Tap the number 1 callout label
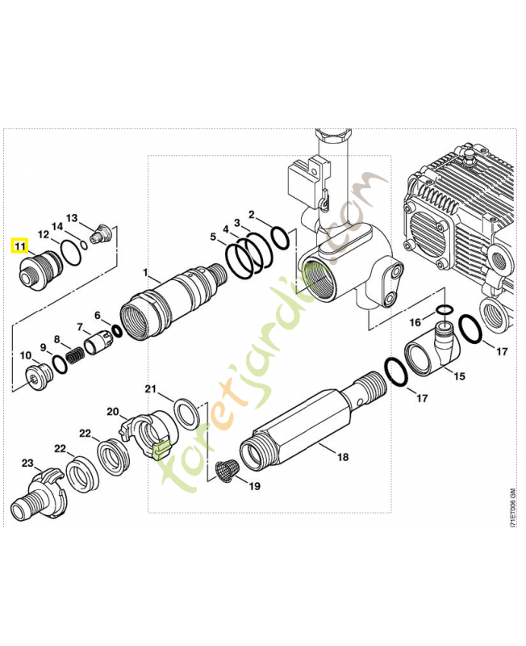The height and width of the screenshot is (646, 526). point(146,273)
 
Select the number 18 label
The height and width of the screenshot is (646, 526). point(343,457)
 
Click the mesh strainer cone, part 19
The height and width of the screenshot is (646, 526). point(228,469)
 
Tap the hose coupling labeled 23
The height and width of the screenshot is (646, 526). point(40,493)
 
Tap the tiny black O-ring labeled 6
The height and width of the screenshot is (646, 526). point(118,330)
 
